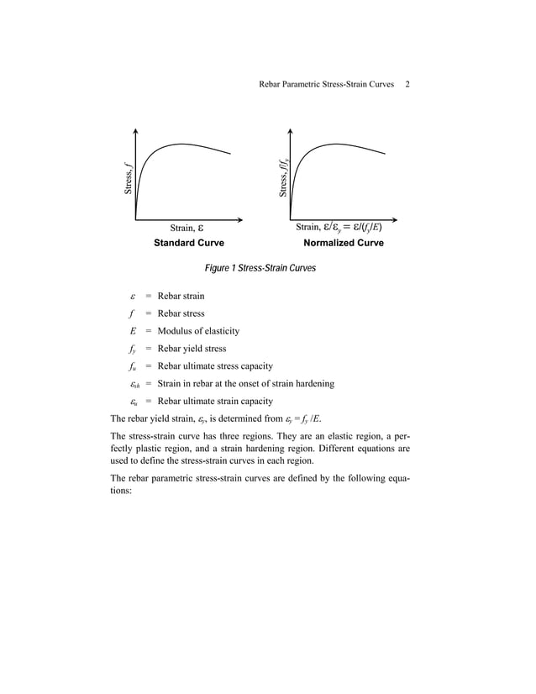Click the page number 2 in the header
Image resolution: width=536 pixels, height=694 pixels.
click(407, 85)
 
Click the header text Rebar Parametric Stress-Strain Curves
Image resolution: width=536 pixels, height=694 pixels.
click(327, 85)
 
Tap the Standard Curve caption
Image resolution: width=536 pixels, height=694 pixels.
click(188, 243)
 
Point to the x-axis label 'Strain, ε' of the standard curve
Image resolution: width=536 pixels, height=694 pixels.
click(187, 228)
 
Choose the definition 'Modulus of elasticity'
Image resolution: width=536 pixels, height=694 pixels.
click(198, 331)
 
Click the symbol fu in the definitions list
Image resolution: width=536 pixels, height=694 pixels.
click(133, 366)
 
